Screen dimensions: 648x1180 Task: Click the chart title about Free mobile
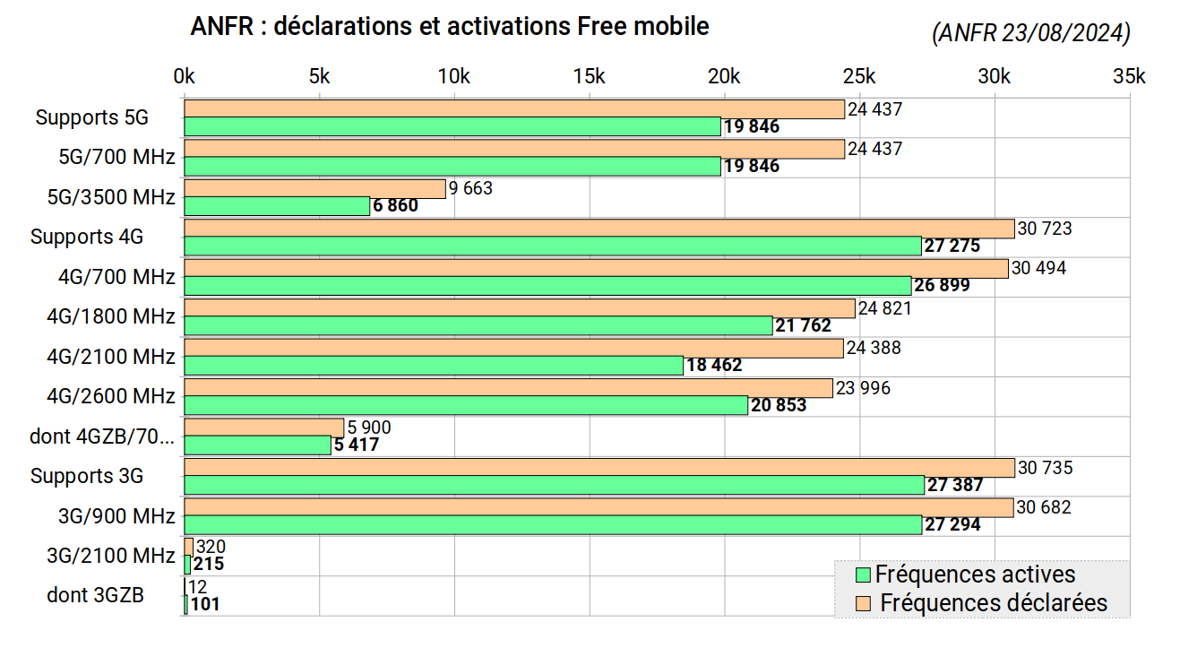click(x=450, y=27)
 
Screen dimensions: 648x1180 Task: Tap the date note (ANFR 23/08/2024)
click(x=1030, y=33)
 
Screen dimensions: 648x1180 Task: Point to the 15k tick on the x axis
click(x=590, y=77)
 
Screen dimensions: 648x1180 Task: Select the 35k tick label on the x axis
click(x=1129, y=77)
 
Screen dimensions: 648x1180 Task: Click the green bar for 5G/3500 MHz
click(x=277, y=206)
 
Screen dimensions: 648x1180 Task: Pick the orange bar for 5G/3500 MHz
click(x=314, y=188)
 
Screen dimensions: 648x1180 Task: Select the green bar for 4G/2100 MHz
click(x=434, y=366)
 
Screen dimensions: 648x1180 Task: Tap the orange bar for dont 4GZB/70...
click(x=264, y=428)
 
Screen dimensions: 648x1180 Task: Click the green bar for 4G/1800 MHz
click(x=478, y=325)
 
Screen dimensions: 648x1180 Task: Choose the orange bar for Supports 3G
click(x=599, y=468)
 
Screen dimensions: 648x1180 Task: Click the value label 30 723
click(x=1045, y=229)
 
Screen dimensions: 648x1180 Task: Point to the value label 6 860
click(x=395, y=206)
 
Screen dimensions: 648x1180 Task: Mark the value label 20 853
click(x=779, y=405)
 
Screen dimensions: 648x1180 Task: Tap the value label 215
click(x=209, y=565)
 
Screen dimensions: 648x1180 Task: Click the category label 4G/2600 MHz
click(x=111, y=396)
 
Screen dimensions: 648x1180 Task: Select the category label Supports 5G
click(x=91, y=117)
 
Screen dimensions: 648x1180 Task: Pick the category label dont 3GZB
click(x=95, y=595)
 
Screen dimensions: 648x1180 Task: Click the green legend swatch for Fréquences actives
click(x=863, y=575)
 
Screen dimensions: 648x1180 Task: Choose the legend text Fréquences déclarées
click(x=994, y=603)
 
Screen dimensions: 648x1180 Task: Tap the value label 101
click(x=205, y=604)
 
